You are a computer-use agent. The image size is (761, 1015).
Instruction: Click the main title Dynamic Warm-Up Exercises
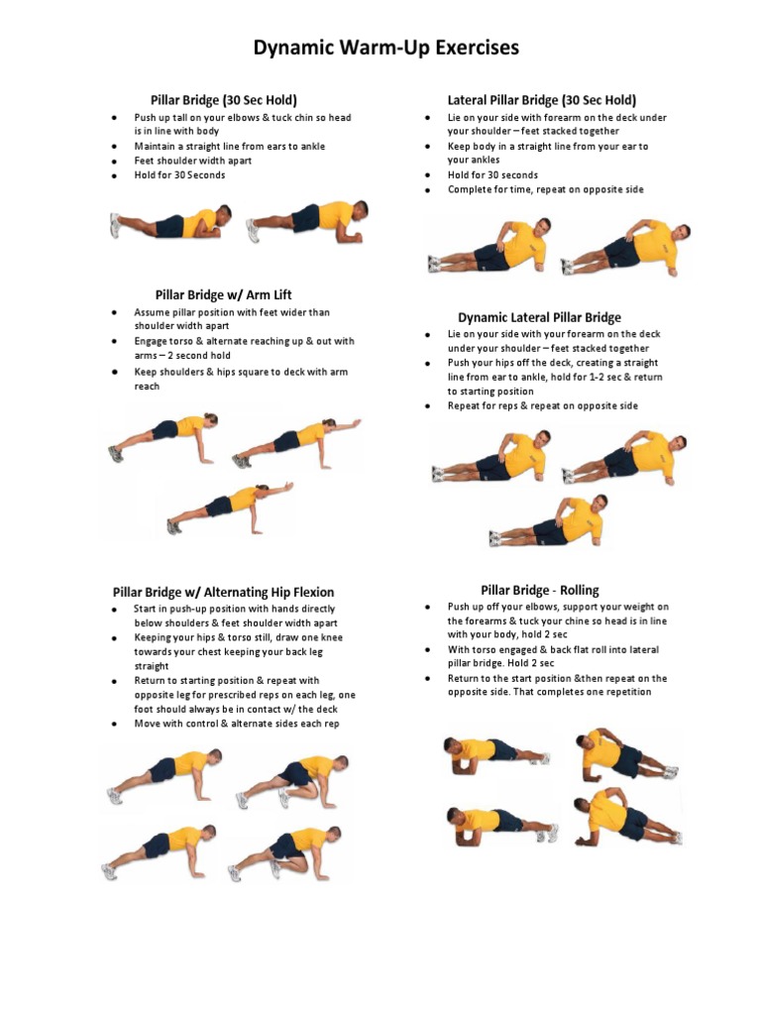tap(385, 48)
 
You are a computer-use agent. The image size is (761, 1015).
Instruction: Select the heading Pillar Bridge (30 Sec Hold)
tap(224, 100)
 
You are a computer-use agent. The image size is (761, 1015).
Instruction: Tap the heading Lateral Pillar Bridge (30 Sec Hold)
tap(542, 100)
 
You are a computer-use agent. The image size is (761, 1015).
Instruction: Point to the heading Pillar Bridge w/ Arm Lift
tap(223, 295)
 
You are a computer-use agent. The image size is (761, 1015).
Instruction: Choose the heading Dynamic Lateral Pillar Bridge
tap(540, 318)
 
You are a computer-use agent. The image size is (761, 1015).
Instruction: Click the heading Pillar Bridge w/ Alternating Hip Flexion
tap(223, 593)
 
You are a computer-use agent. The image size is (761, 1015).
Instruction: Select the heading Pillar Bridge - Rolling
tap(540, 591)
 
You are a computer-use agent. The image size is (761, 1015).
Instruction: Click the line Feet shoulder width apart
tap(193, 161)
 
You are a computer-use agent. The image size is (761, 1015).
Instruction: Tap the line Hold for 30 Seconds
tap(180, 174)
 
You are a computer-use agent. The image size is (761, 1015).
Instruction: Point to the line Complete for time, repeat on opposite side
tap(546, 189)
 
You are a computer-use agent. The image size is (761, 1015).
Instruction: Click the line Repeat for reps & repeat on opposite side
tap(543, 405)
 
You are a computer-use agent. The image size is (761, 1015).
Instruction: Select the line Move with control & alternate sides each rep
tap(237, 724)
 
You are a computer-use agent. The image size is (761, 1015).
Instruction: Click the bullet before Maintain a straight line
tap(115, 147)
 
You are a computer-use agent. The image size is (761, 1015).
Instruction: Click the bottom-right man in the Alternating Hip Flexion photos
tap(285, 852)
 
